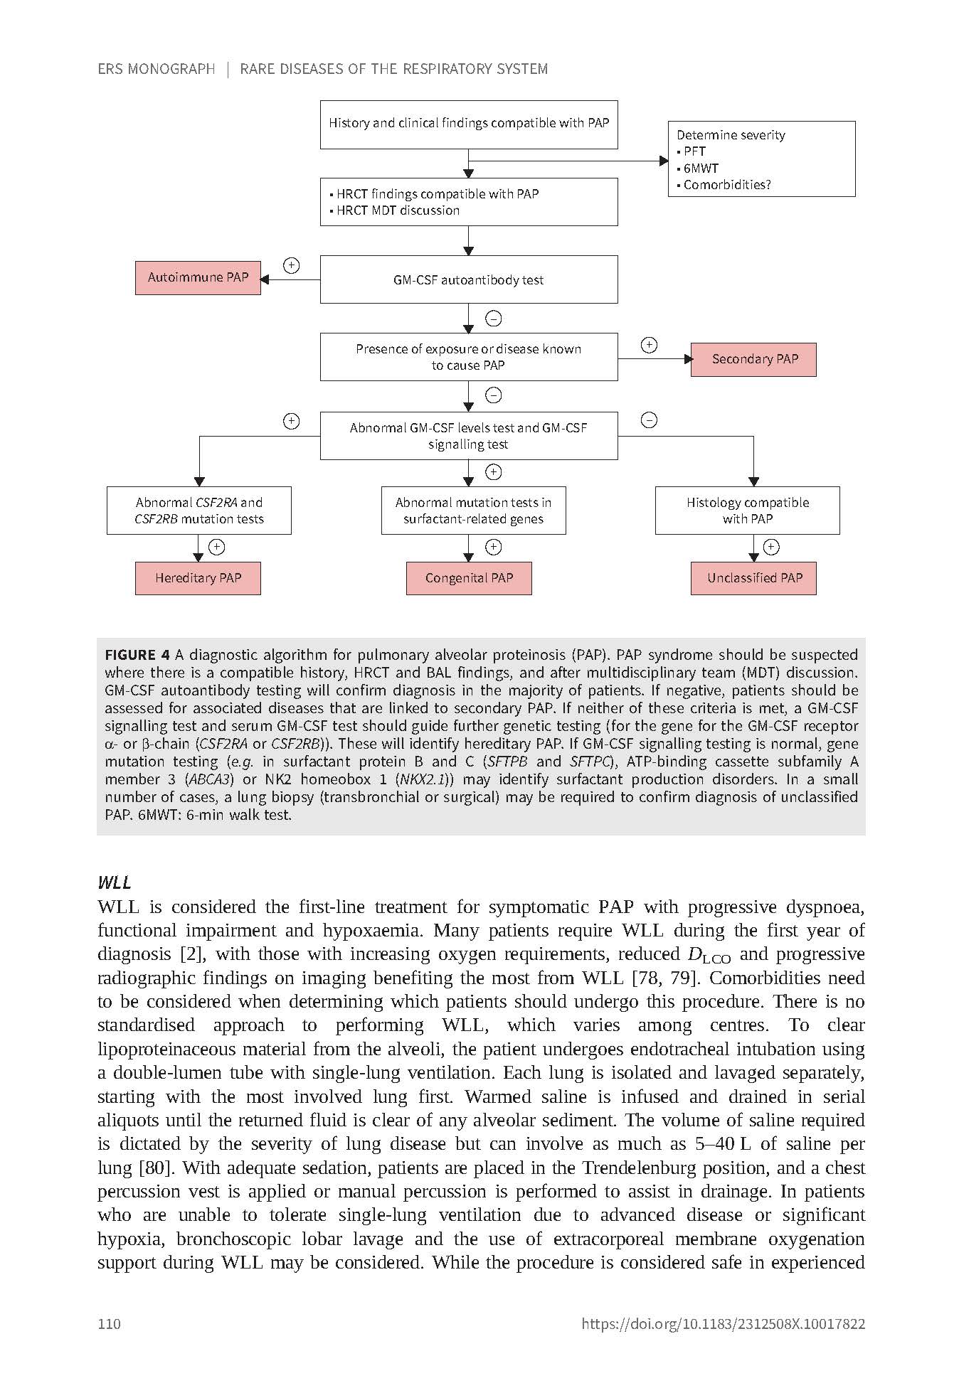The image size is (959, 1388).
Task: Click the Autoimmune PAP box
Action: (198, 277)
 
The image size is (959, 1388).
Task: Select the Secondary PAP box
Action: (753, 359)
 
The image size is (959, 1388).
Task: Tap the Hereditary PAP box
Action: (198, 578)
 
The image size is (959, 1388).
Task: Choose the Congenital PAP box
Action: (469, 578)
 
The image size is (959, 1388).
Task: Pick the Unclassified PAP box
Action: (753, 578)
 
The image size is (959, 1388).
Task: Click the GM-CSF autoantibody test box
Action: (468, 279)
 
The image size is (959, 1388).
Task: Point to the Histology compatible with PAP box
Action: (747, 511)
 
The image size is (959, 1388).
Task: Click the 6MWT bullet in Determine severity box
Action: (701, 169)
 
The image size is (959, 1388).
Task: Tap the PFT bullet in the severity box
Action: (694, 151)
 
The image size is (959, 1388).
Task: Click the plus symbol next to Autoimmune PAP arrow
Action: (291, 266)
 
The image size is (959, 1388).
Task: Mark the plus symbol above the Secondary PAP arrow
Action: (649, 346)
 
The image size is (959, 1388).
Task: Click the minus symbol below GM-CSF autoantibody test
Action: (493, 319)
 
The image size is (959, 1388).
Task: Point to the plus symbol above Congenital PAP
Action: (493, 547)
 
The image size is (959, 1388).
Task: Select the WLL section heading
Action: (115, 882)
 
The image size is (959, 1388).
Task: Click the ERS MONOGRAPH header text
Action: (157, 69)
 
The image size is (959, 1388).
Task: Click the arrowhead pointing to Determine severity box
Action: (664, 161)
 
